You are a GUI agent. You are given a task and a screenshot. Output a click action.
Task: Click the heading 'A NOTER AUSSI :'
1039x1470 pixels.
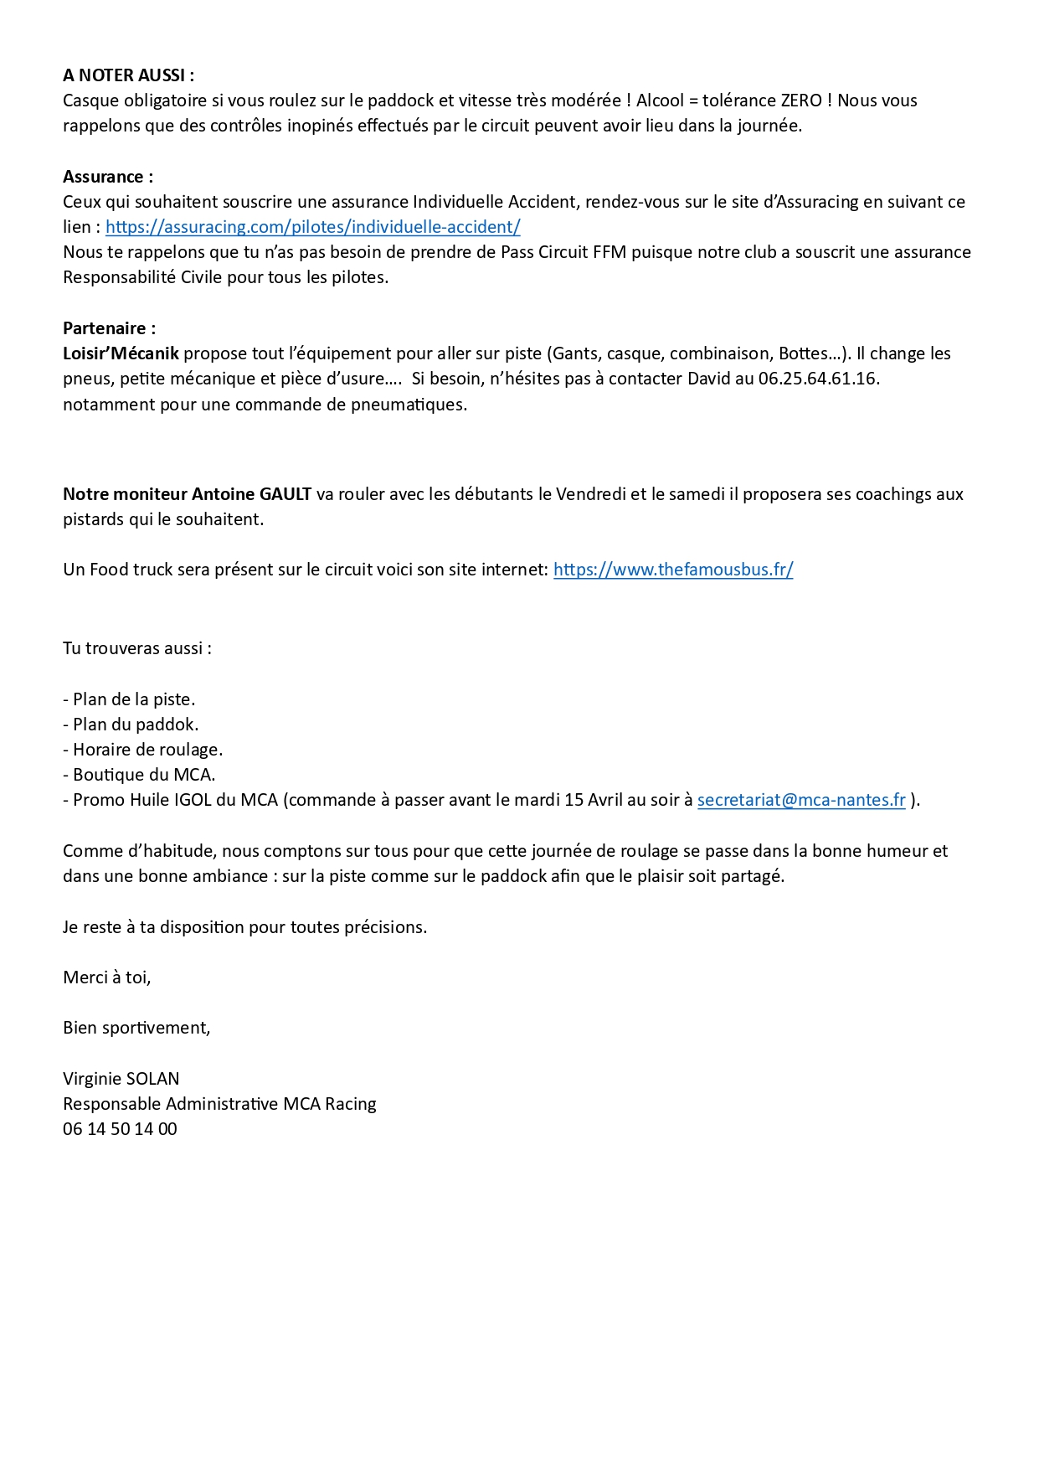click(x=128, y=75)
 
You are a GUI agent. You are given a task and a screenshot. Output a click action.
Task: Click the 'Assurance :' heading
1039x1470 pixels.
click(x=108, y=177)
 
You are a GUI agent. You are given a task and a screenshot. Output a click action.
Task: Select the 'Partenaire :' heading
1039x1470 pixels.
click(x=109, y=328)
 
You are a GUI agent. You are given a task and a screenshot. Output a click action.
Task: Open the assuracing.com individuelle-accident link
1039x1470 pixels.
click(x=312, y=227)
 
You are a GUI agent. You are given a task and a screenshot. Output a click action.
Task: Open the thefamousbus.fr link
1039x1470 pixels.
click(x=673, y=570)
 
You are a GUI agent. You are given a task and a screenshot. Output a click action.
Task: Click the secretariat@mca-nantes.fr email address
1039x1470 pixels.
click(x=801, y=800)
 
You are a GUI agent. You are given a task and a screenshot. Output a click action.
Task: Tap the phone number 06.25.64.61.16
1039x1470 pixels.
click(x=818, y=379)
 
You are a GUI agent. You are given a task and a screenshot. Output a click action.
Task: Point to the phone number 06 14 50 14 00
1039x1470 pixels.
click(x=120, y=1129)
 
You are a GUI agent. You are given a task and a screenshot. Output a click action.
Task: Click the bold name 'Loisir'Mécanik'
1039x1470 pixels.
click(x=121, y=353)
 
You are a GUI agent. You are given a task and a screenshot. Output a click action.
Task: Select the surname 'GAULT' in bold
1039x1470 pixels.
click(x=285, y=494)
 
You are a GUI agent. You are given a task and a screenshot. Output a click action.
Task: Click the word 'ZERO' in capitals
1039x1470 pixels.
click(x=801, y=101)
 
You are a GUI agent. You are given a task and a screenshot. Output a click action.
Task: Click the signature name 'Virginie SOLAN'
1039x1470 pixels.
click(x=121, y=1079)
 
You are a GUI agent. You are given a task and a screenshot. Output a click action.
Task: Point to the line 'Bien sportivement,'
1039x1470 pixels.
click(x=136, y=1028)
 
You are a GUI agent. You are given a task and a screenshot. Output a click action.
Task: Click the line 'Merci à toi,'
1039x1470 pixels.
click(x=107, y=977)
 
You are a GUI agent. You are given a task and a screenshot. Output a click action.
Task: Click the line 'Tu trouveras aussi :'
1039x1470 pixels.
click(x=137, y=648)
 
